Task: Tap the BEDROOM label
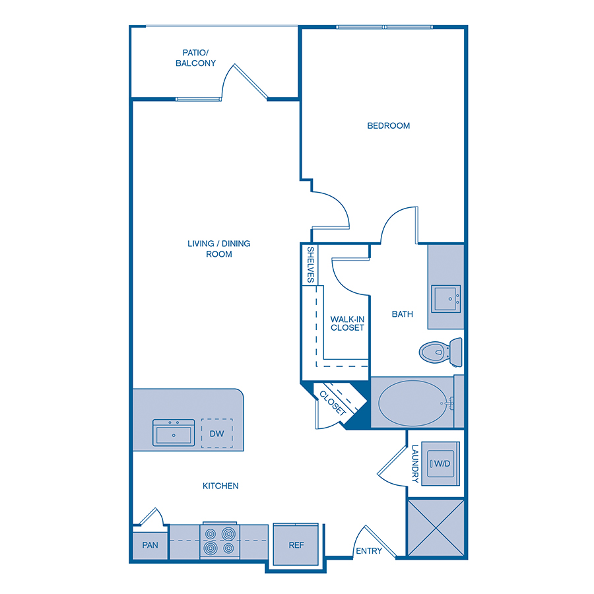point(389,125)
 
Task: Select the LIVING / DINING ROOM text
point(219,248)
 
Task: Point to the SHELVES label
point(310,265)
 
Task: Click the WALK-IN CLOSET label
point(347,323)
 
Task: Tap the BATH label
point(403,314)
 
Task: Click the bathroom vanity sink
point(446,298)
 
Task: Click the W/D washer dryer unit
point(441,464)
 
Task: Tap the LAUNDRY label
point(415,463)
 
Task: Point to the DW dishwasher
point(217,434)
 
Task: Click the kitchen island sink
point(174,433)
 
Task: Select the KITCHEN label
point(220,486)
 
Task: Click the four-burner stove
point(219,541)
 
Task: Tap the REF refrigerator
point(296,545)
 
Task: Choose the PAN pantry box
point(150,546)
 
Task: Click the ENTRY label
point(369,550)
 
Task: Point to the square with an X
point(436,529)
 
